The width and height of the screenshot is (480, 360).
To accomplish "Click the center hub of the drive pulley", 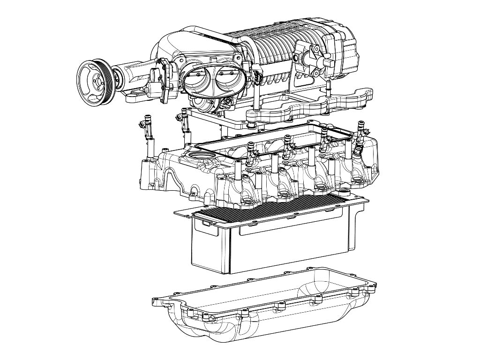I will pos(97,79).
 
